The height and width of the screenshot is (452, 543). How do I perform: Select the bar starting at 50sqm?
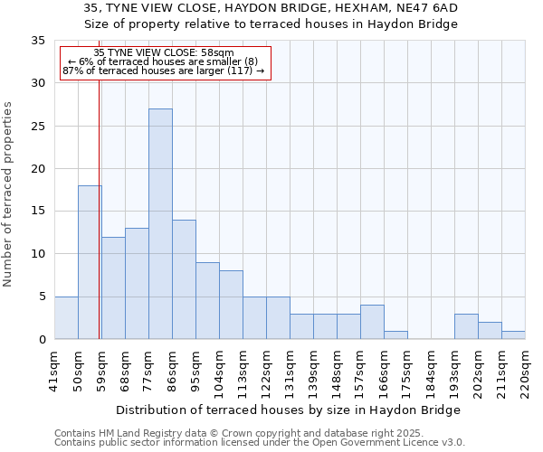[x=90, y=262]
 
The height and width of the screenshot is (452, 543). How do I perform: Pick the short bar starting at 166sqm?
[x=395, y=334]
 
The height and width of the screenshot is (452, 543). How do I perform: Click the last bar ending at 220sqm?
[x=513, y=334]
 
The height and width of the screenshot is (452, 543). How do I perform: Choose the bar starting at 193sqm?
[x=466, y=326]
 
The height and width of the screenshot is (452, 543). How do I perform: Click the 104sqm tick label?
[x=220, y=372]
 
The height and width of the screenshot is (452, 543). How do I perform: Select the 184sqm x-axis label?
[x=431, y=372]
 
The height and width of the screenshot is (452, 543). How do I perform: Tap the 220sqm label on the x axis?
[x=525, y=372]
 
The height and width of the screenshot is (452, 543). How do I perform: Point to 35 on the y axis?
[x=38, y=41]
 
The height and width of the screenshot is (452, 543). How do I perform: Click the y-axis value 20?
[x=38, y=169]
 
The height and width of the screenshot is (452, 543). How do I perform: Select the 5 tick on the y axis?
[x=42, y=297]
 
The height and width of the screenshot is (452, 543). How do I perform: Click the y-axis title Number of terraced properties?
[x=9, y=194]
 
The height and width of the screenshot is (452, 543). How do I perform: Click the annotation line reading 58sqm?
[x=164, y=52]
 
